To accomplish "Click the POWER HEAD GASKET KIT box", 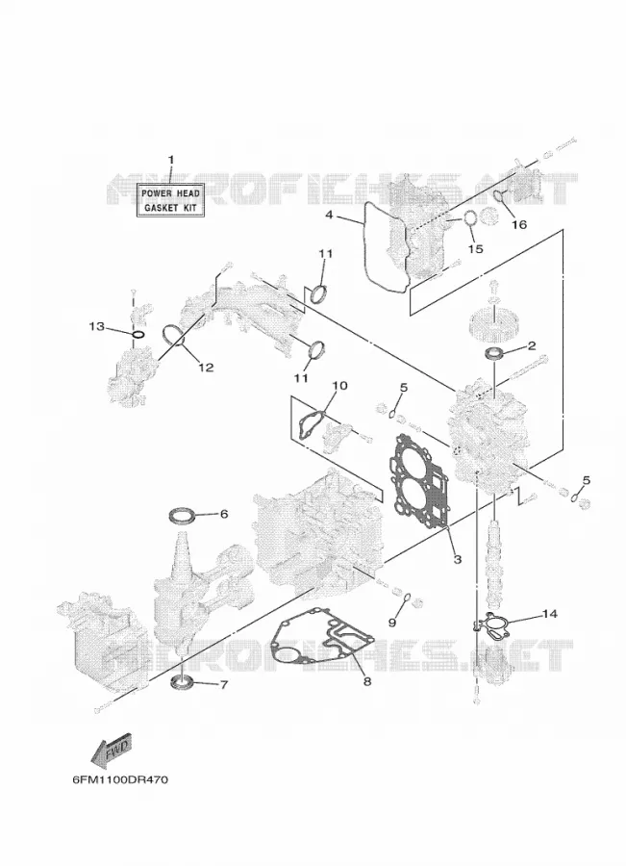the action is point(170,200).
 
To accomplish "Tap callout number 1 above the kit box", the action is point(170,160).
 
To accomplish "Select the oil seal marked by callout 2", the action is point(493,353).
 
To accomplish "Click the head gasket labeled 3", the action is point(418,483).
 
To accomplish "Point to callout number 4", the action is point(330,215).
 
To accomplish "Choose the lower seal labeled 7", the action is point(182,681).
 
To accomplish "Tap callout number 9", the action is point(391,623).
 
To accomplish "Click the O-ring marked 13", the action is point(138,335).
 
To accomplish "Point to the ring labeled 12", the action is point(173,335).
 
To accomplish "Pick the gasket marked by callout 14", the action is point(494,624).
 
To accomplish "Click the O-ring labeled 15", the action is point(470,218).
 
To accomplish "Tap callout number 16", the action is point(519,224).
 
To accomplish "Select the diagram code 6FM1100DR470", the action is point(120,779).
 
